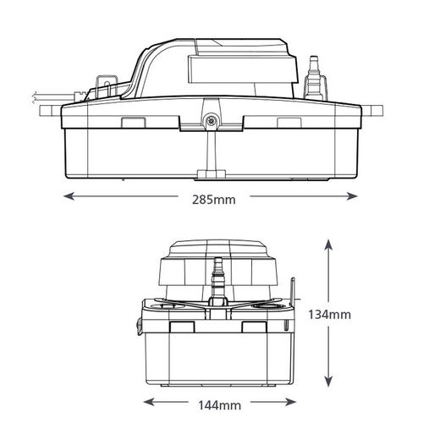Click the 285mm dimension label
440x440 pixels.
tap(214, 200)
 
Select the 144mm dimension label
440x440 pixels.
tap(220, 405)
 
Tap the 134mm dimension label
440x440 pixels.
tap(329, 315)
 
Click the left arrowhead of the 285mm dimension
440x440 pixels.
tap(69, 196)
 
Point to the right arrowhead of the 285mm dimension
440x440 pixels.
tap(353, 196)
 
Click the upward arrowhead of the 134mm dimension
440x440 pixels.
tap(328, 245)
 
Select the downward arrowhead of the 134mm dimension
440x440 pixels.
tap(328, 382)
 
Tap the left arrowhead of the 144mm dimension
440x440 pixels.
tap(149, 402)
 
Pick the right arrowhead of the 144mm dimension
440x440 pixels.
tap(290, 402)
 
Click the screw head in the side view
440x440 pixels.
tap(211, 121)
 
